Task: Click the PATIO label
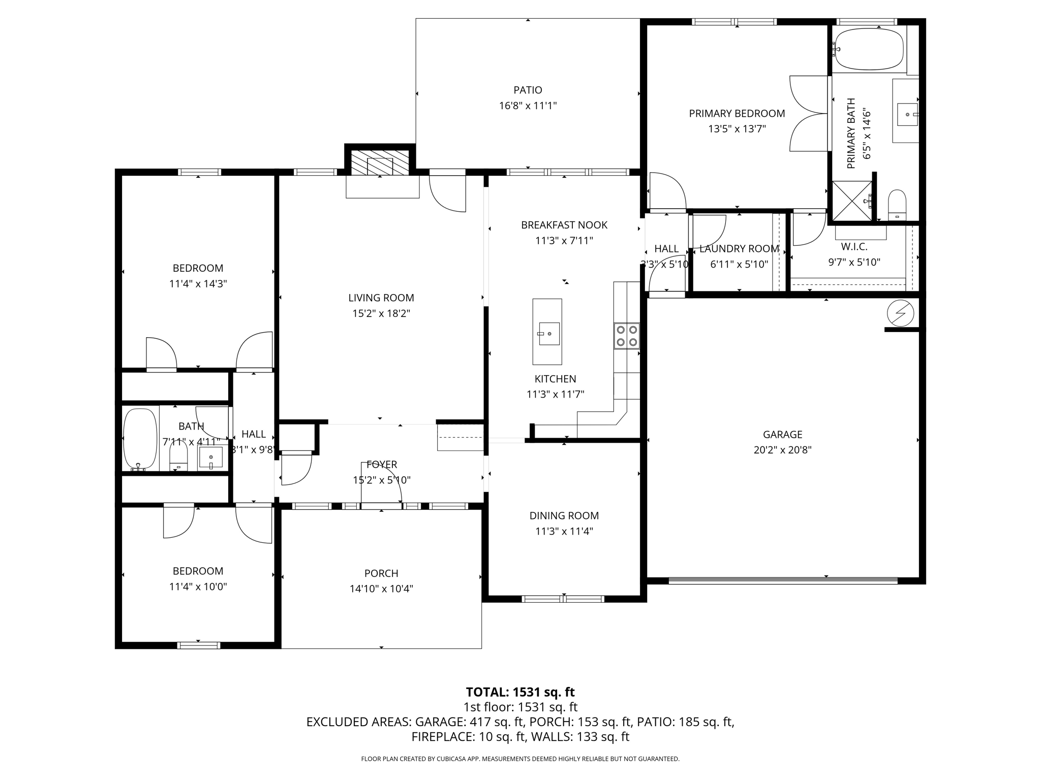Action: [528, 90]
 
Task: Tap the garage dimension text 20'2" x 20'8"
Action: [782, 450]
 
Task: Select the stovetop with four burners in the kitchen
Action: [627, 336]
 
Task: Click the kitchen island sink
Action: [549, 334]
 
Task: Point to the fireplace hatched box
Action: [380, 162]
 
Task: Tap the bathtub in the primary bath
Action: [869, 49]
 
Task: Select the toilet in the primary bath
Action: [897, 204]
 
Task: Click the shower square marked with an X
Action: [852, 201]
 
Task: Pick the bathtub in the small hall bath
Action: [140, 439]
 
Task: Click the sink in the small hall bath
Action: [210, 457]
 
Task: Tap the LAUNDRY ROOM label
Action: [739, 249]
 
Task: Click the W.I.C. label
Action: [854, 247]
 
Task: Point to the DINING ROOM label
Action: [564, 516]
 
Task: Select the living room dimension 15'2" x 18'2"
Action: [381, 314]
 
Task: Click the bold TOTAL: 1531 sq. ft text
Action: [520, 692]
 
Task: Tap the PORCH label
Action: [381, 573]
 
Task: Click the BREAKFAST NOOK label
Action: [564, 225]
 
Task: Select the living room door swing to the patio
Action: [447, 193]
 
